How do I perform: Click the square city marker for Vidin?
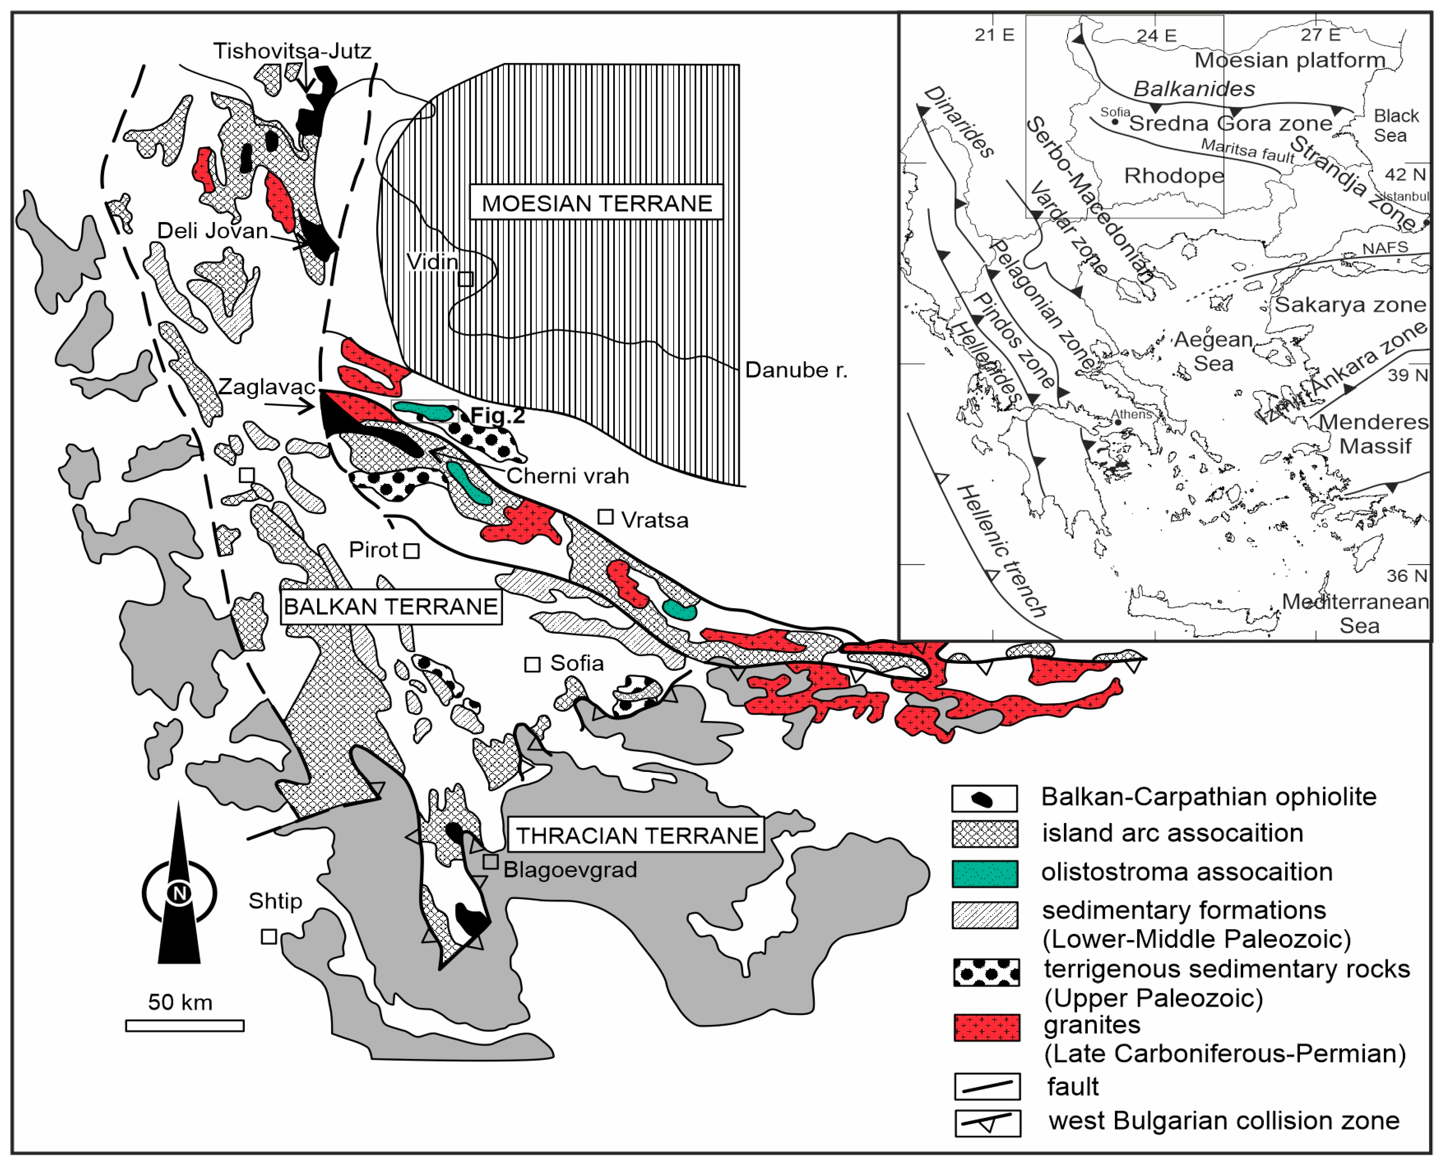tap(466, 279)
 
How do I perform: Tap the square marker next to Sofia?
tap(532, 665)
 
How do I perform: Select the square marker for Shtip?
tap(269, 936)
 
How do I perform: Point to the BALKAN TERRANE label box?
tap(391, 607)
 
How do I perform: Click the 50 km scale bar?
tap(185, 1026)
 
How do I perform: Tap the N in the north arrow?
tap(179, 894)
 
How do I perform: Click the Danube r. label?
tap(796, 370)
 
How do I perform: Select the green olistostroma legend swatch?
tap(985, 873)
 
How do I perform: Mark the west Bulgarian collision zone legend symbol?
tap(987, 1124)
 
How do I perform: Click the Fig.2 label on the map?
tap(497, 416)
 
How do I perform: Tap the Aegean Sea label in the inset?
tap(1213, 352)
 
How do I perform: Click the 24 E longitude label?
tap(1156, 35)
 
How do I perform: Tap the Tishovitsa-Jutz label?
tap(292, 51)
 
